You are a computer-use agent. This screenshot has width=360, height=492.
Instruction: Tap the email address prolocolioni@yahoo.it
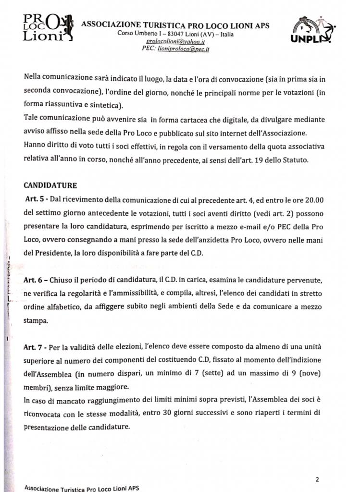coord(175,41)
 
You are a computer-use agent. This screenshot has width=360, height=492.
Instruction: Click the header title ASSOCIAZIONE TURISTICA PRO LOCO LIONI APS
coord(176,25)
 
